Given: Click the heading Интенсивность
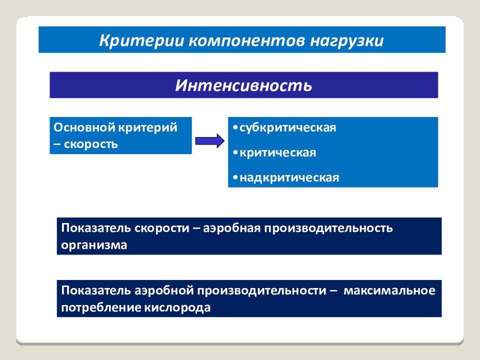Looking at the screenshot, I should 243,84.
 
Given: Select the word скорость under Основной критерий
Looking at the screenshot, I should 90,144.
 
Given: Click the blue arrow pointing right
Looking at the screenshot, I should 209,140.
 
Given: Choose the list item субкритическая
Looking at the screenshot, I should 287,127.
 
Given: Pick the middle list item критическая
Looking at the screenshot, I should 277,152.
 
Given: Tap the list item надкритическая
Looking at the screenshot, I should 289,177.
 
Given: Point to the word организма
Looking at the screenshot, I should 94,245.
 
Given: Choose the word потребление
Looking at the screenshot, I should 101,308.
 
